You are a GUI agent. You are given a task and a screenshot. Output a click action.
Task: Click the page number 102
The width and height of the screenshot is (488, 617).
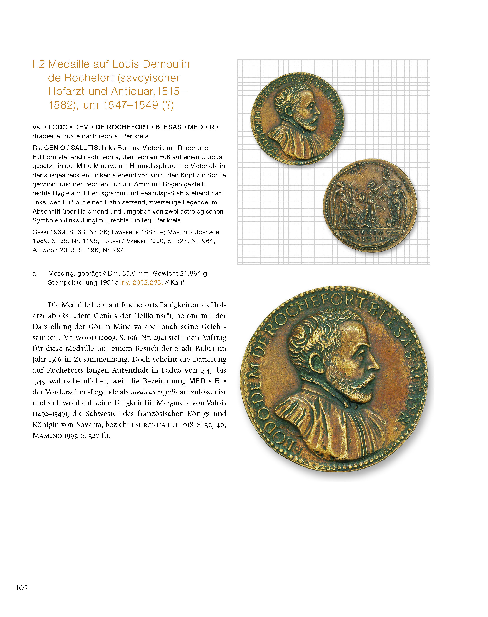point(22,588)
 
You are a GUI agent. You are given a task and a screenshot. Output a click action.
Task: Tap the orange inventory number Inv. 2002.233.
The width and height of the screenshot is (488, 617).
point(142,283)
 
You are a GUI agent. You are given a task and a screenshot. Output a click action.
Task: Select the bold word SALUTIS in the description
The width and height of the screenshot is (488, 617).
point(84,148)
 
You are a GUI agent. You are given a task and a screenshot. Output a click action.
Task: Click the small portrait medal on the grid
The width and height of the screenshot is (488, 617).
point(297,118)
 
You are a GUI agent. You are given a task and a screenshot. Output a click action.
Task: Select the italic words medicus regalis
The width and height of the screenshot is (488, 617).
point(154,392)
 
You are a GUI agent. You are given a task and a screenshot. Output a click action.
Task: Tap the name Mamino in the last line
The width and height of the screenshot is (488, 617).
point(47,436)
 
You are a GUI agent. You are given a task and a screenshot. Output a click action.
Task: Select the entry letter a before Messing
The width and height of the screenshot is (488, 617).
point(34,274)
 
